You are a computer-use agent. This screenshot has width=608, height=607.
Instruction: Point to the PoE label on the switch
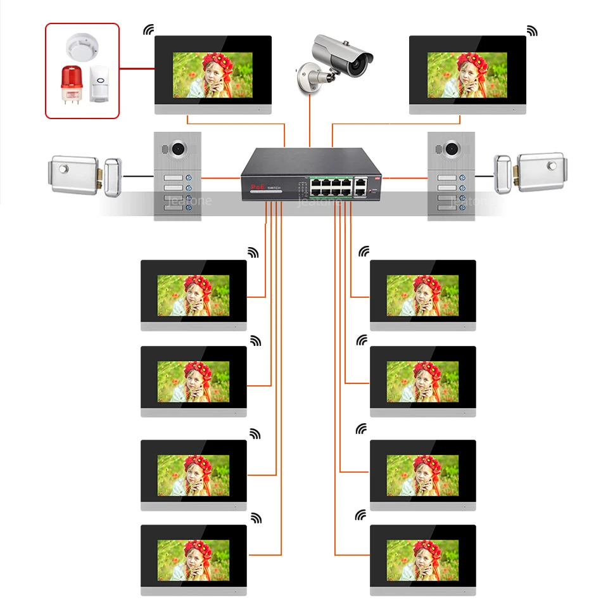tap(258, 188)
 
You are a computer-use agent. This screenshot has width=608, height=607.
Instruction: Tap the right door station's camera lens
tap(452, 148)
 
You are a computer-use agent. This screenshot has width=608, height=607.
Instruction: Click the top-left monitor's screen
tap(213, 75)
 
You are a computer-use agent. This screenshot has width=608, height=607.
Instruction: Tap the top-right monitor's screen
tap(467, 75)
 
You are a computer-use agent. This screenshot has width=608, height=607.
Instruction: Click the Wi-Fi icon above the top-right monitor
tap(532, 30)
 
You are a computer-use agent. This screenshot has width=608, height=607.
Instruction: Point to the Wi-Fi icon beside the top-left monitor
tap(149, 29)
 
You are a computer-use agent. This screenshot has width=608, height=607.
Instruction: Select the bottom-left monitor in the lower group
tap(193, 559)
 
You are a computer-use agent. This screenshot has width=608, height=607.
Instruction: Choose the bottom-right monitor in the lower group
tap(422, 559)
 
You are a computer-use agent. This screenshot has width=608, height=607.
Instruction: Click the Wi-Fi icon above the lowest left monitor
tap(256, 518)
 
